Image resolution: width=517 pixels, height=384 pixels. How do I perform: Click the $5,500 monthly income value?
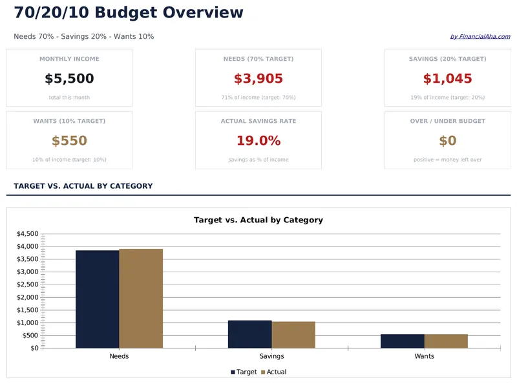click(69, 79)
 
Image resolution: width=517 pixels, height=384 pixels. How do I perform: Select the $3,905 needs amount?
click(258, 79)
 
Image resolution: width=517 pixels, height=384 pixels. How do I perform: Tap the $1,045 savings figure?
click(447, 79)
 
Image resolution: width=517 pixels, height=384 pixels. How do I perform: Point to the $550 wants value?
click(69, 141)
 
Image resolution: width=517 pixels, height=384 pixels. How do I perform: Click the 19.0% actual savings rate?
click(258, 141)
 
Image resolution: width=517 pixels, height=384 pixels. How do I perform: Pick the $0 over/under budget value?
click(447, 141)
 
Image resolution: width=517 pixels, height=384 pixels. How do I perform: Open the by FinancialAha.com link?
click(480, 37)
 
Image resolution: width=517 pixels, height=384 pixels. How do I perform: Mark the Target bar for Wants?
click(402, 341)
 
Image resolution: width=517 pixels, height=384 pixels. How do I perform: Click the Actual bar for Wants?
click(446, 341)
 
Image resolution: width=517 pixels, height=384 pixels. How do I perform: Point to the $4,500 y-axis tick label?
click(27, 234)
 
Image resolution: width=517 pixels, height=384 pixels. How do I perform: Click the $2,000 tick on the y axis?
click(27, 297)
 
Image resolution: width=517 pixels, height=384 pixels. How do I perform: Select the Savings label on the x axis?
click(271, 356)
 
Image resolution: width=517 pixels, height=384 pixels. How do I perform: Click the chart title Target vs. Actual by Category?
click(258, 220)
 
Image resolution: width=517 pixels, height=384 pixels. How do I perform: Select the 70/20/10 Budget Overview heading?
click(129, 13)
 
